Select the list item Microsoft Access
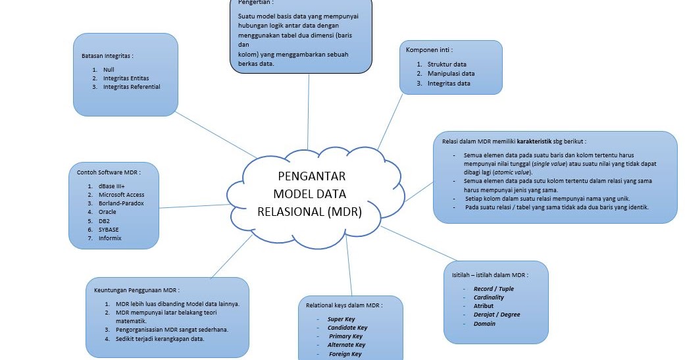(x=121, y=195)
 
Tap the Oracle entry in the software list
(x=107, y=212)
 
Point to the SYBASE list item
(x=109, y=230)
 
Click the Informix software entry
(x=110, y=238)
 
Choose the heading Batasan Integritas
(x=107, y=56)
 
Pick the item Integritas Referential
(x=131, y=87)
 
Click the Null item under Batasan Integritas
(x=109, y=69)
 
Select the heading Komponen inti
(x=429, y=50)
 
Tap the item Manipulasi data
(x=451, y=74)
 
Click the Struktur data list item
(x=447, y=64)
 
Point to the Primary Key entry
(x=345, y=336)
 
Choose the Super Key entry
(x=341, y=319)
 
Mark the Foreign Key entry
(x=345, y=354)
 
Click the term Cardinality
(x=489, y=297)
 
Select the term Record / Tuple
(x=494, y=289)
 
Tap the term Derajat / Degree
(x=496, y=315)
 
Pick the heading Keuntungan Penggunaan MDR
(x=137, y=290)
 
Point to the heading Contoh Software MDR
(x=109, y=172)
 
